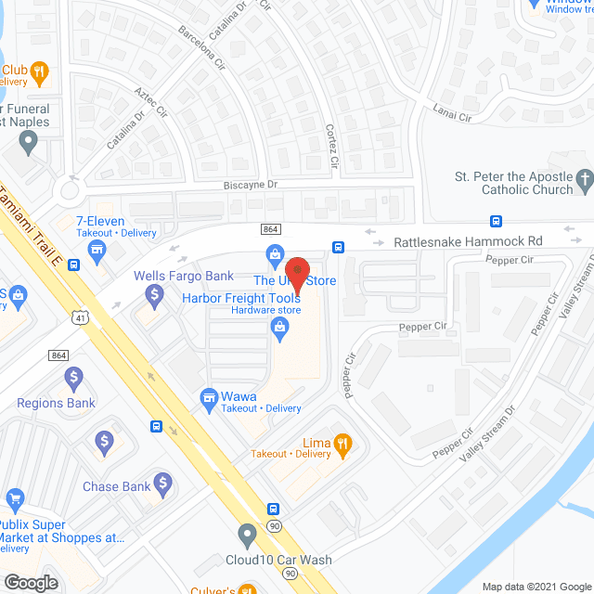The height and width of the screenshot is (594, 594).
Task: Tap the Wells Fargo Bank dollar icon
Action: click(156, 294)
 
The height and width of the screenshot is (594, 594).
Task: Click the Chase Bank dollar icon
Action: click(163, 483)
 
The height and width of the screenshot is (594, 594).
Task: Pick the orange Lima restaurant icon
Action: click(343, 444)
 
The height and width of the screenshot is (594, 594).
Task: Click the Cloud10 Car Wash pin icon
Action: click(247, 535)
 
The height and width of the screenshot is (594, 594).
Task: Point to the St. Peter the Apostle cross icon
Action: click(584, 177)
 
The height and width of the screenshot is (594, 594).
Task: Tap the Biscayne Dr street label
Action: click(251, 185)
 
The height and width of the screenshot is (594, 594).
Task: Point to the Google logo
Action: click(30, 582)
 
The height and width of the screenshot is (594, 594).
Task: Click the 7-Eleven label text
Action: click(101, 222)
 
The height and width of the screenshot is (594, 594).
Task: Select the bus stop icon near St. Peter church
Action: click(496, 221)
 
